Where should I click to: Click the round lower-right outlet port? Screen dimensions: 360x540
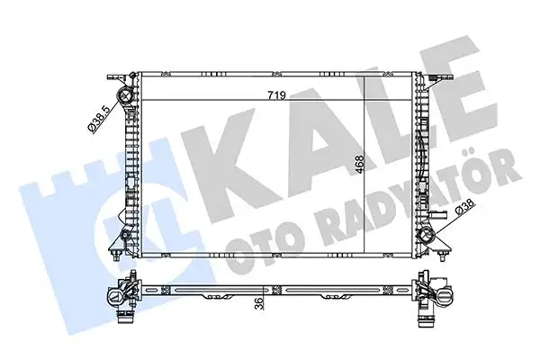[427, 238]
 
